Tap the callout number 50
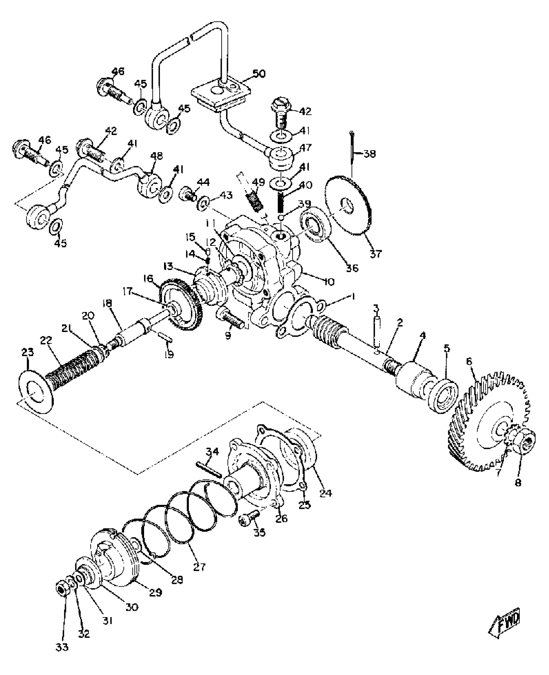[258, 74]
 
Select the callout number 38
[369, 154]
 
